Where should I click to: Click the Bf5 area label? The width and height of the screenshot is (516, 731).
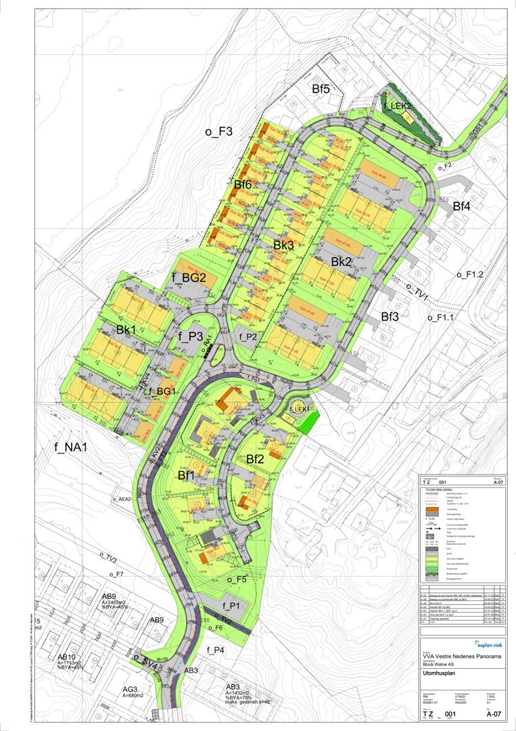321,89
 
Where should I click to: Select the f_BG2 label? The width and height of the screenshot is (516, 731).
189,277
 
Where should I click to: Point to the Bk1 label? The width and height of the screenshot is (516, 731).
127,330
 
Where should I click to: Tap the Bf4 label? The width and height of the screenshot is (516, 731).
463,206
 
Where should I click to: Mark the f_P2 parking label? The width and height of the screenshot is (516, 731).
248,336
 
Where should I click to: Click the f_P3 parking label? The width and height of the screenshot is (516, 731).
191,336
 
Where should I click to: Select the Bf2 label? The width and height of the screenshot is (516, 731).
255,460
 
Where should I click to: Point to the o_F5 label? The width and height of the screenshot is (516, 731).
241,580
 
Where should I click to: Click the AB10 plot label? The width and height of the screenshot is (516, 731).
66,657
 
